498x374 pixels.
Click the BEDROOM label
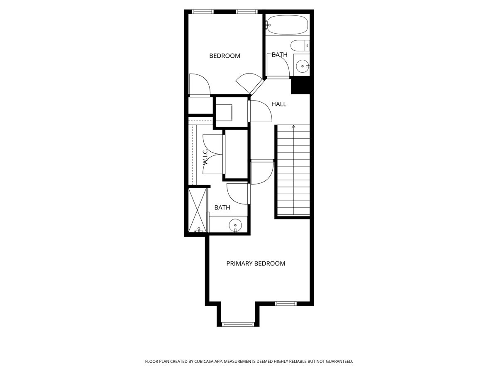click(x=225, y=56)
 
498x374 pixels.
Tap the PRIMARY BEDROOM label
click(x=256, y=263)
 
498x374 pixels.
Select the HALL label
click(x=279, y=104)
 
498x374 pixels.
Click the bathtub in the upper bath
click(x=287, y=25)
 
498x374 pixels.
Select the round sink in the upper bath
click(x=302, y=65)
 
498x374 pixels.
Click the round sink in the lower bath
click(x=235, y=225)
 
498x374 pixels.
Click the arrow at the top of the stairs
click(x=293, y=126)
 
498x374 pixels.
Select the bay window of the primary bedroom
click(x=237, y=324)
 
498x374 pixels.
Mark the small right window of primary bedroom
click(x=286, y=304)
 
